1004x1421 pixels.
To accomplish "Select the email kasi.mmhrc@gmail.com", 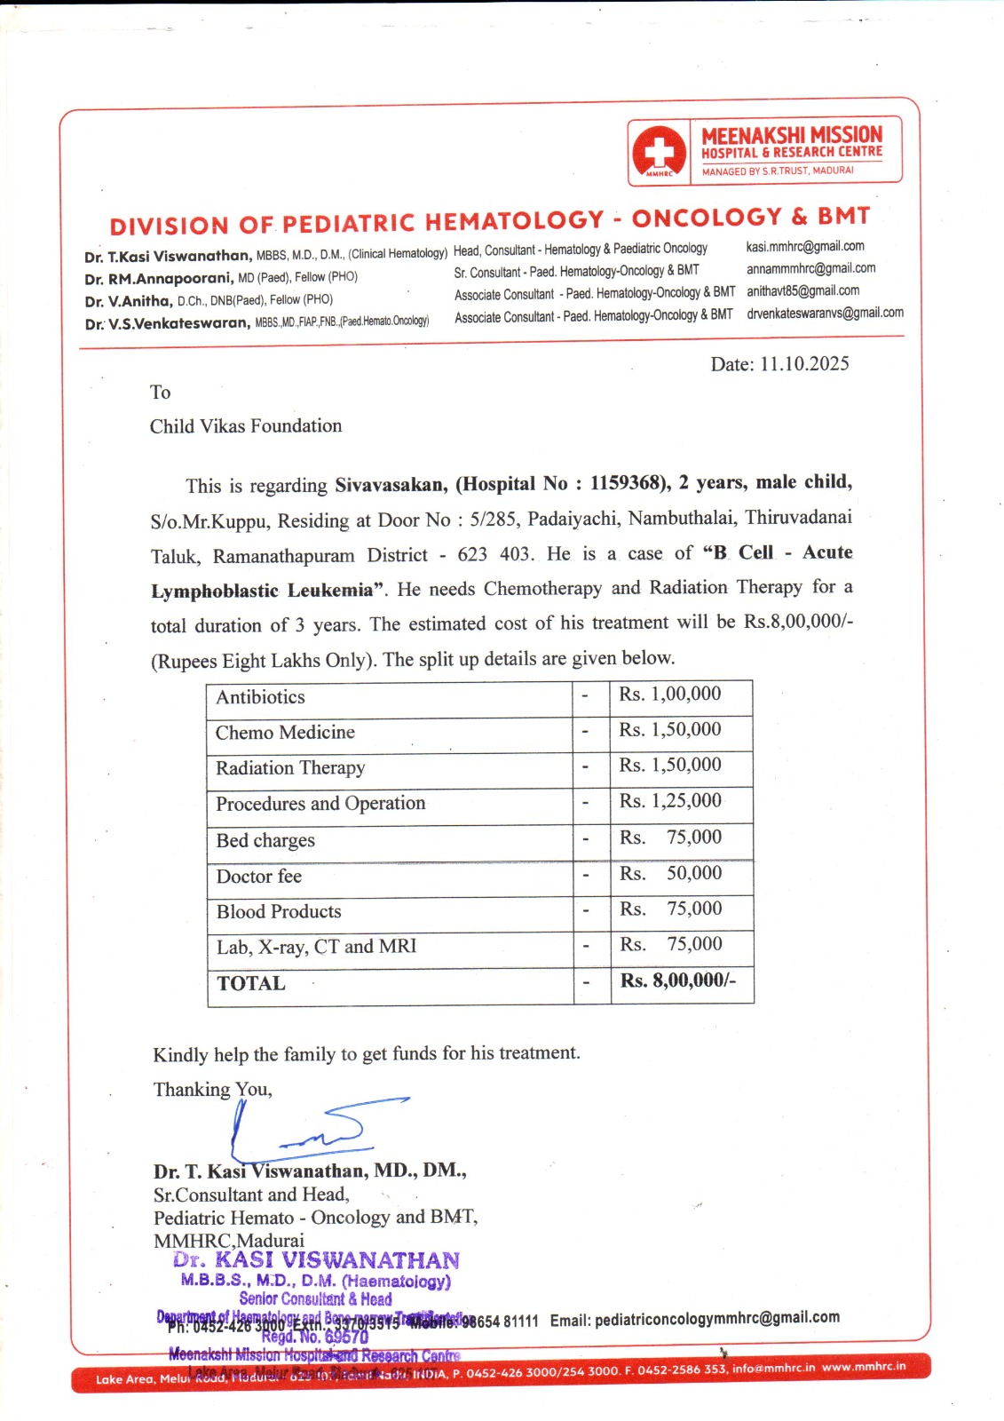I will tap(804, 246).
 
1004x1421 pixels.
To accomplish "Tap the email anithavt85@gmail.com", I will tap(802, 290).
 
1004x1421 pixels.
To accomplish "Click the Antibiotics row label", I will tap(260, 697).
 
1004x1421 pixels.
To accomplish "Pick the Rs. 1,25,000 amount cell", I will tap(670, 801).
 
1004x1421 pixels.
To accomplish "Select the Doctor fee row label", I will tap(259, 877).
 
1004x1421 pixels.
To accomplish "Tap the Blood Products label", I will tap(279, 912).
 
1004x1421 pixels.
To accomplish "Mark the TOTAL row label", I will tap(251, 984).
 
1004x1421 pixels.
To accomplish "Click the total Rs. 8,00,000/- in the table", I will tap(678, 981).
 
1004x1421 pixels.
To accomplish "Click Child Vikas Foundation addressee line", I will tap(246, 426).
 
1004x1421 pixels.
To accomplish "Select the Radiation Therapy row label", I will tap(290, 768).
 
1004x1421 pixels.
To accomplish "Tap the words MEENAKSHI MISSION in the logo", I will tap(792, 135).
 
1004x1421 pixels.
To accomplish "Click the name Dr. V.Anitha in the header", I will tap(128, 301).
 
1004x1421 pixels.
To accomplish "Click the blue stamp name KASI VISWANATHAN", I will tap(336, 1261).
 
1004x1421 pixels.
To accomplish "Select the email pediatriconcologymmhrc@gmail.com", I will tap(716, 1319).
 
